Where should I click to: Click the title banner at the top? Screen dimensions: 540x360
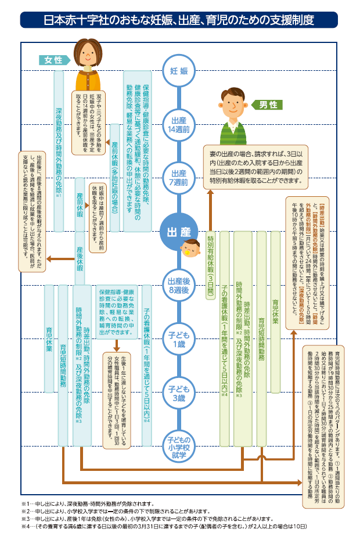tap(179, 19)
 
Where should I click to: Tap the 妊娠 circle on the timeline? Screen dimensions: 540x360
tap(179, 71)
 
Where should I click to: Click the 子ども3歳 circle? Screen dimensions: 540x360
tap(179, 381)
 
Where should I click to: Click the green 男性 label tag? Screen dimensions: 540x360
tap(268, 105)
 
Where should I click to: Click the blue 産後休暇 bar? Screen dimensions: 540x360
tap(81, 253)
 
